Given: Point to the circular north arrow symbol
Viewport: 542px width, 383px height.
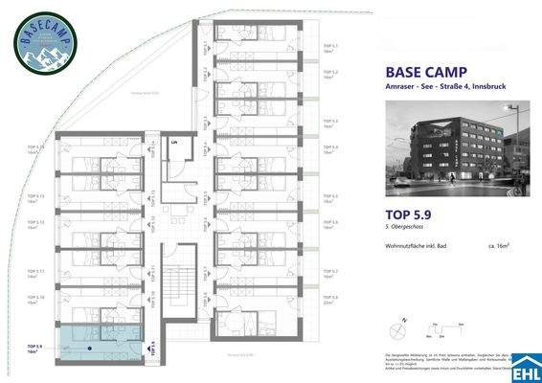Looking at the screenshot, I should click(x=395, y=329).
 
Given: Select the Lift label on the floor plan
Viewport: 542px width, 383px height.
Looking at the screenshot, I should click(x=174, y=142).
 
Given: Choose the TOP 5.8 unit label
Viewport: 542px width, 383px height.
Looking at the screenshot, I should click(x=330, y=297).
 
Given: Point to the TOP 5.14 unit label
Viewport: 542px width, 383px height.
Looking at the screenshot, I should click(x=35, y=147).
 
